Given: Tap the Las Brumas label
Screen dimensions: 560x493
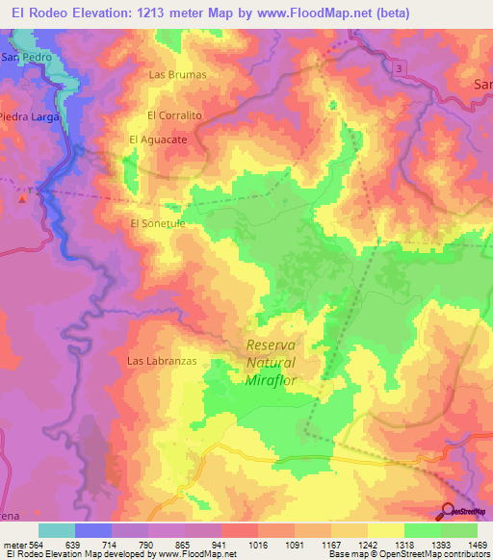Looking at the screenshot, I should (x=177, y=74).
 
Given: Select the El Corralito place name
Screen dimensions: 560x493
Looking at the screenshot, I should (x=173, y=115).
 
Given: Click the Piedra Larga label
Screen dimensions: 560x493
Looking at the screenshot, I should (x=30, y=116).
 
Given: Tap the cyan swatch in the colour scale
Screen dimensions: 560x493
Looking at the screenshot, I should (x=57, y=530).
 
